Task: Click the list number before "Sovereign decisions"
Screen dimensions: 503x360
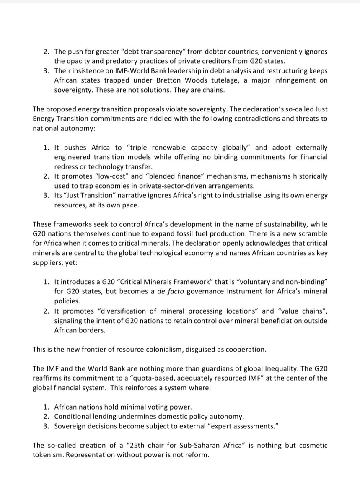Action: point(46,426)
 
